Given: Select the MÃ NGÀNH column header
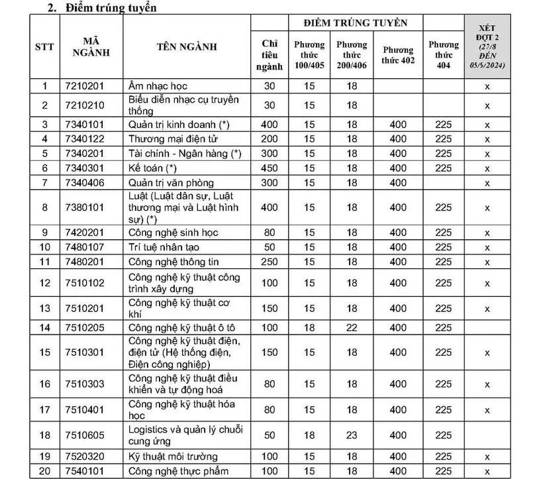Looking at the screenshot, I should point(91,46).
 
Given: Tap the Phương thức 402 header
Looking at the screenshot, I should point(397,54).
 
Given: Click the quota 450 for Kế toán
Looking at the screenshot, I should point(269,168).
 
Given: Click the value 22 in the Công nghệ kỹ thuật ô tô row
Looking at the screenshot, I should point(352,328).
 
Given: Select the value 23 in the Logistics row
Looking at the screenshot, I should point(352,435).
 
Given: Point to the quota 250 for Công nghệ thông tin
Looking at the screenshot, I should point(269,262).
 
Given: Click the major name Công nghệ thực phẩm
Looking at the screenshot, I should point(179,471).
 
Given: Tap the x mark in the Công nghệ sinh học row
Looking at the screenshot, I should point(487,233).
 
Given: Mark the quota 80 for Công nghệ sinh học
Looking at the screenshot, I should point(269,233).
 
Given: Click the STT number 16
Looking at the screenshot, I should point(45,384).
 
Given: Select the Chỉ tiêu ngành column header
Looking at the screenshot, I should point(269,54).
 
